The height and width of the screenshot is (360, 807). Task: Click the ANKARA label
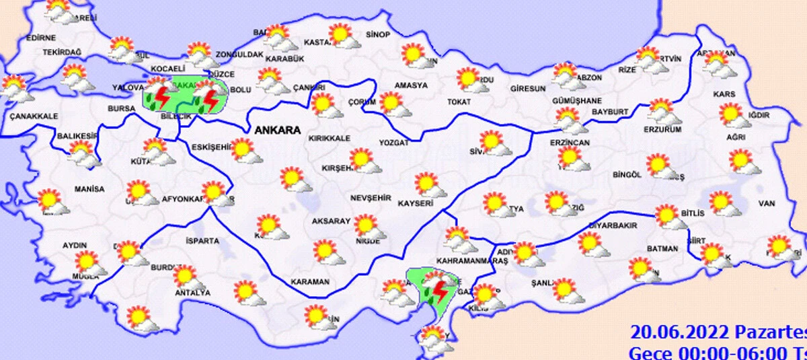[x=277, y=130]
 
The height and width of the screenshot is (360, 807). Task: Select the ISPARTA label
[x=202, y=240]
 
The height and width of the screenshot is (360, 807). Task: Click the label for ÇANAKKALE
[x=34, y=116]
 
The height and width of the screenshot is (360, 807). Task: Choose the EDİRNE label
[x=41, y=38]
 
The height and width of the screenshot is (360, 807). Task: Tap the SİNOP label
[x=377, y=34]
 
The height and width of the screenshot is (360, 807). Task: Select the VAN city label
[x=767, y=203]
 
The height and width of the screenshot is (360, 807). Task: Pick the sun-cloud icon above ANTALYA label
[x=184, y=276]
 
